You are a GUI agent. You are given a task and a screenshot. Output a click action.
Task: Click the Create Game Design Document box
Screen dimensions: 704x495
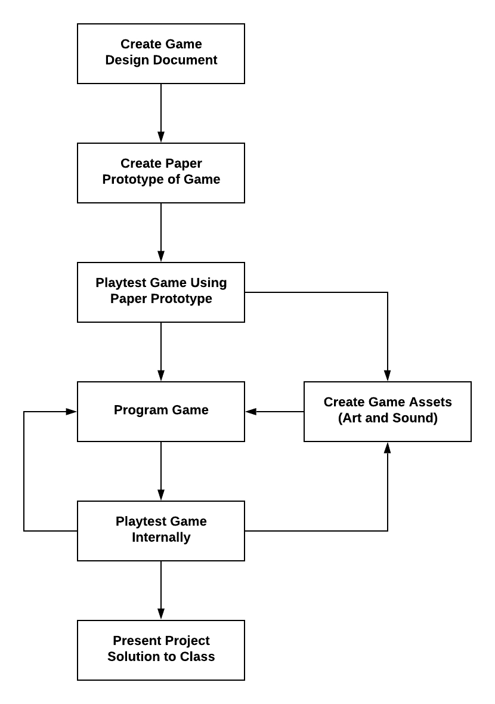click(x=161, y=54)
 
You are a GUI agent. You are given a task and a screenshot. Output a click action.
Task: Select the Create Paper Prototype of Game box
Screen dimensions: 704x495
click(x=161, y=173)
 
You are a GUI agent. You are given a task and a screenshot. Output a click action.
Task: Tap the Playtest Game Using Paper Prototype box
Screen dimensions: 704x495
click(x=161, y=292)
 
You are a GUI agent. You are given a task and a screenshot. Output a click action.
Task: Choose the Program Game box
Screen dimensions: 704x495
click(x=161, y=412)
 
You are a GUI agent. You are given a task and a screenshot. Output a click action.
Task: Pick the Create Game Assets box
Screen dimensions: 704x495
click(x=388, y=412)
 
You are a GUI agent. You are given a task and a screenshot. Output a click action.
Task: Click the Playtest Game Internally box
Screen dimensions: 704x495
click(x=161, y=531)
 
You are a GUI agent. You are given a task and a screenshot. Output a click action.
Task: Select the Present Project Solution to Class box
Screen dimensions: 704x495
click(x=161, y=650)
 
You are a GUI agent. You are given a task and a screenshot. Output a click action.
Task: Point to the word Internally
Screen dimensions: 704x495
click(x=161, y=538)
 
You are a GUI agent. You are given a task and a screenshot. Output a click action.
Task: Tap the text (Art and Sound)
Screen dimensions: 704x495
click(x=388, y=418)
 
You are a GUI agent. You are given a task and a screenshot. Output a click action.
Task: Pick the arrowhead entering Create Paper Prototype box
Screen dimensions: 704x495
click(x=161, y=137)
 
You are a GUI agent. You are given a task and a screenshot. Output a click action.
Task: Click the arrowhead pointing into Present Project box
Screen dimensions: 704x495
click(x=161, y=615)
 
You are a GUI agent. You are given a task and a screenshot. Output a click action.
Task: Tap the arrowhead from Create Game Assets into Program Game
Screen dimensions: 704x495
click(x=251, y=412)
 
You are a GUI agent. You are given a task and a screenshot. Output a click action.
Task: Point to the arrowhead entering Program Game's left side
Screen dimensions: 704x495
click(x=71, y=412)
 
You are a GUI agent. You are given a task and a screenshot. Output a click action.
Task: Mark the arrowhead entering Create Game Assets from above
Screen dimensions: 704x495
click(x=388, y=376)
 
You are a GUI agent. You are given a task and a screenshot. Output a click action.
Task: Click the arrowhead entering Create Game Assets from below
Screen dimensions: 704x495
click(x=388, y=447)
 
